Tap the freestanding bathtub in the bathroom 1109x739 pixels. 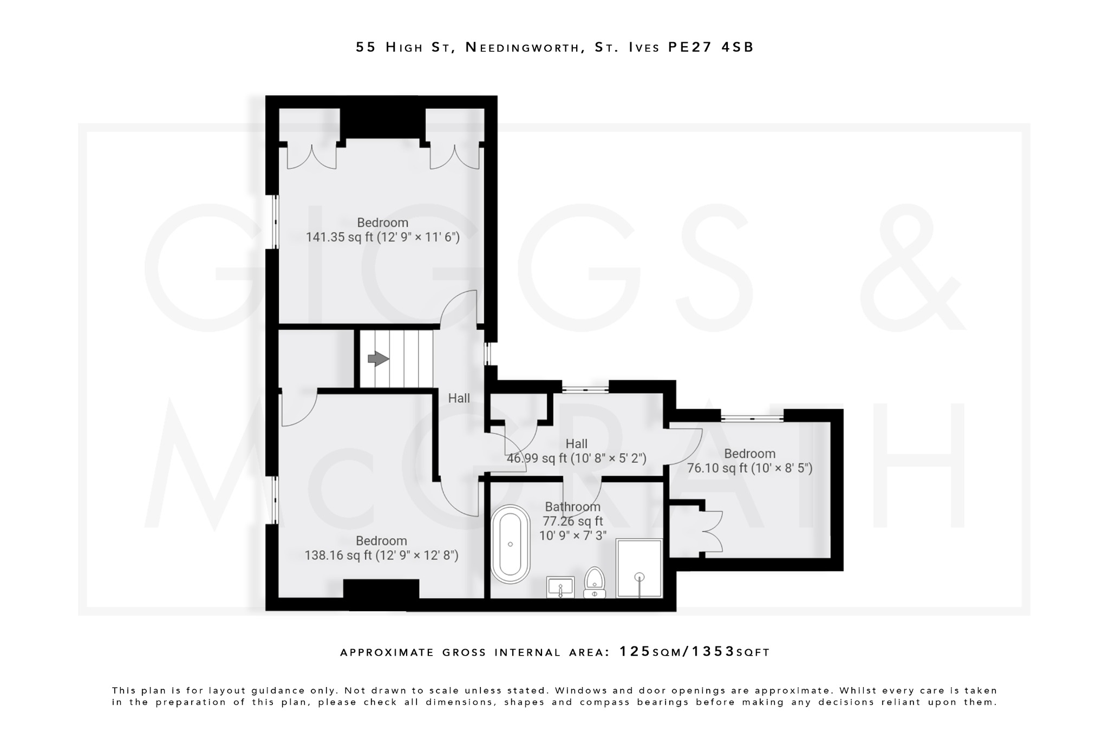pos(510,544)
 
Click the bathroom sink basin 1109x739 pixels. pos(560,587)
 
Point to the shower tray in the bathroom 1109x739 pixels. pos(639,568)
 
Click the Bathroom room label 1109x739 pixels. pos(572,507)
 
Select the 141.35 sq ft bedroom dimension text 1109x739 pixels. pos(382,237)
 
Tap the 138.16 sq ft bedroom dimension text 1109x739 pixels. pos(381,555)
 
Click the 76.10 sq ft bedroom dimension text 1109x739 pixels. pos(750,468)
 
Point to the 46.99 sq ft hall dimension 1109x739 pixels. pos(576,459)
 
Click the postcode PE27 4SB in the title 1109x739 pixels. pos(711,48)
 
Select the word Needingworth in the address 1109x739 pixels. pos(523,48)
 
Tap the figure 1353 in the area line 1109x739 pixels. pos(704,651)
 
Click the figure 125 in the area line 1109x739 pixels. pos(635,651)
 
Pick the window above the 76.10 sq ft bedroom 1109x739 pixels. pos(753,417)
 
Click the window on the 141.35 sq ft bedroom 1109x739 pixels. pos(275,222)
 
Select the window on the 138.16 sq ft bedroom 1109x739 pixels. pos(275,501)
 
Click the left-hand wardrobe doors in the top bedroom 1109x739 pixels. pos(311,157)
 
